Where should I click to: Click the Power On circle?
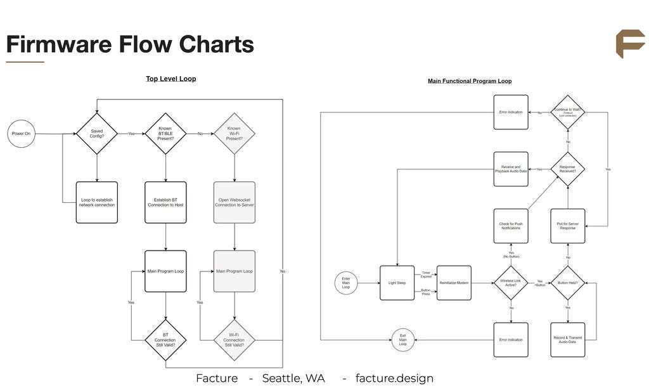[x=21, y=134]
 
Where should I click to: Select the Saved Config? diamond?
[x=97, y=134]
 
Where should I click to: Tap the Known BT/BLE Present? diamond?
[x=165, y=134]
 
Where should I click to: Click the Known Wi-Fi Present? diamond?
[x=235, y=134]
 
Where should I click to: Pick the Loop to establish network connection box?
[x=97, y=202]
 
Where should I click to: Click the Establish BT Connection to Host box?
[x=165, y=202]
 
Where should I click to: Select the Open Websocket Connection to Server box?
[x=235, y=202]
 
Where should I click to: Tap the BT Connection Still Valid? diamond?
[x=165, y=340]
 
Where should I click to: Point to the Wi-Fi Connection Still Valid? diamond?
[x=235, y=340]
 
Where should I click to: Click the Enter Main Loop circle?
[x=346, y=283]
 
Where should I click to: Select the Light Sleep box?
[x=397, y=283]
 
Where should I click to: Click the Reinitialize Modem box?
[x=454, y=283]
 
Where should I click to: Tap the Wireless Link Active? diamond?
[x=511, y=283]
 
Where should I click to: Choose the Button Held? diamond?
[x=568, y=283]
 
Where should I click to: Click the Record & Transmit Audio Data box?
[x=568, y=340]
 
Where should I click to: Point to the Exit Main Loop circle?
[x=403, y=340]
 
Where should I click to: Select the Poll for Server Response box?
[x=568, y=226]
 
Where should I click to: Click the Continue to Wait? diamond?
[x=568, y=112]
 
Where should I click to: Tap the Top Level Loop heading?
[x=171, y=79]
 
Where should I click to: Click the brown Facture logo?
[x=630, y=44]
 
